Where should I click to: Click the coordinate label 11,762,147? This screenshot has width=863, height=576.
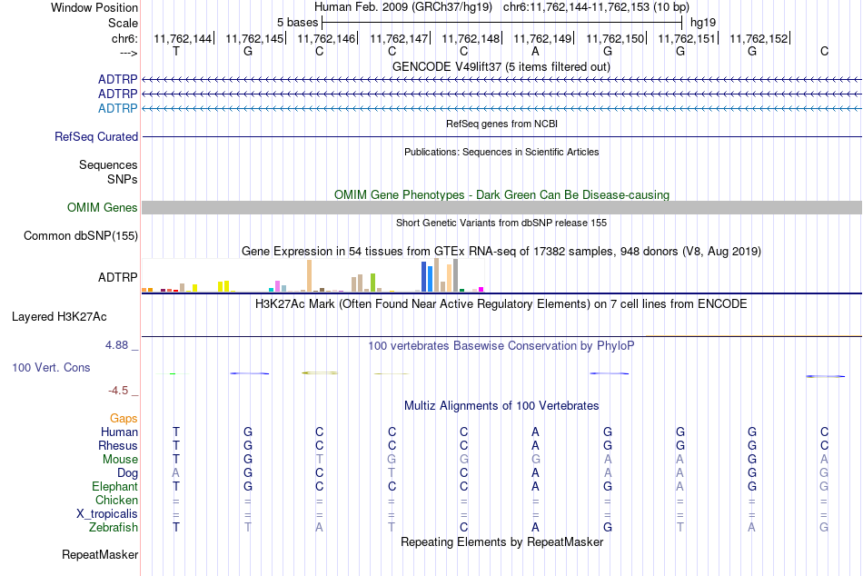[399, 38]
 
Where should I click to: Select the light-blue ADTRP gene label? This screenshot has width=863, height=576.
[118, 108]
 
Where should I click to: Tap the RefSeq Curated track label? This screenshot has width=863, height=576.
[96, 136]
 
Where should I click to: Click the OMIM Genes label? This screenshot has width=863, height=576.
[103, 208]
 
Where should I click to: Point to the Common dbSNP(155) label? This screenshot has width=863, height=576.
[81, 235]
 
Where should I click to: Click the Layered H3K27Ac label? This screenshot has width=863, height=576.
[59, 317]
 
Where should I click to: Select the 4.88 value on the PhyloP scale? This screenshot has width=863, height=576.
[116, 345]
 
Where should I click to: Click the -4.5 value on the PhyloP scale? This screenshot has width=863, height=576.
[118, 391]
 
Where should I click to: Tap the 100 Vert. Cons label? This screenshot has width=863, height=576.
[51, 367]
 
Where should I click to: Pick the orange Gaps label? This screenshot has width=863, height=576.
[124, 419]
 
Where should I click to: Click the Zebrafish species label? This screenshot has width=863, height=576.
[114, 527]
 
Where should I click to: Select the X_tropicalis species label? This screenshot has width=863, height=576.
[107, 514]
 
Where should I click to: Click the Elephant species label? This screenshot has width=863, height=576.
[115, 486]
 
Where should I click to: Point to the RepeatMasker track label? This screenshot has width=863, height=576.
[100, 554]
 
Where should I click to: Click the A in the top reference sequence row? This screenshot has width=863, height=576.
[535, 51]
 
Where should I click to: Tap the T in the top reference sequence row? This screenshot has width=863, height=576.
[176, 51]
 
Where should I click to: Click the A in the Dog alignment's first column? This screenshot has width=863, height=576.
[176, 472]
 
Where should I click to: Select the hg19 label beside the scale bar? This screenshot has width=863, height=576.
[703, 23]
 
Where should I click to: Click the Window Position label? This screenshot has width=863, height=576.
[94, 7]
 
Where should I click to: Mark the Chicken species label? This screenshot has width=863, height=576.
[116, 500]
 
